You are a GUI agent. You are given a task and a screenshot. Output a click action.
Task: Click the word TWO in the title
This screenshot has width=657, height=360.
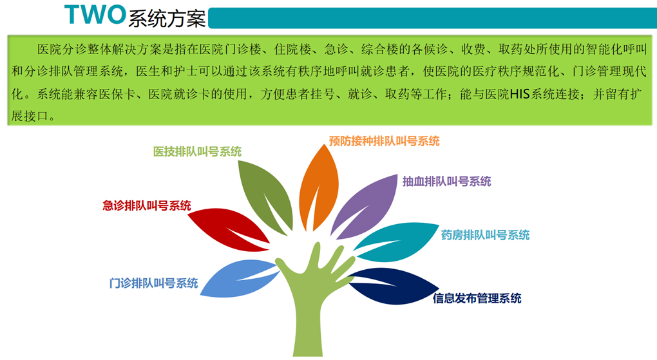(x=95, y=15)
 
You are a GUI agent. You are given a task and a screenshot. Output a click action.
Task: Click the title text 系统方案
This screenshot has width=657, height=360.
(x=167, y=19)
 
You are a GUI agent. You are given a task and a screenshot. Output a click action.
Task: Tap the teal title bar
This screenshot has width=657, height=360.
(x=432, y=18)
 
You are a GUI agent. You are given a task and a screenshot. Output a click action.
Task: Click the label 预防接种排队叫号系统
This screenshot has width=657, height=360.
(x=384, y=141)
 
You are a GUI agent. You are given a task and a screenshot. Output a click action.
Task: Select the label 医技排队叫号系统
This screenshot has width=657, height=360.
(x=197, y=151)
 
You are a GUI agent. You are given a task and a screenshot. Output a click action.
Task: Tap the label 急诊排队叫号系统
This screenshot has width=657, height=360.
(x=147, y=205)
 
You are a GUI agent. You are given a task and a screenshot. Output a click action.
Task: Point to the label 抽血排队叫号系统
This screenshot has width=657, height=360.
(x=446, y=181)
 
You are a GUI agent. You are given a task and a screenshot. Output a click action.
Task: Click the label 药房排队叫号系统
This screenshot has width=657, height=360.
(x=485, y=234)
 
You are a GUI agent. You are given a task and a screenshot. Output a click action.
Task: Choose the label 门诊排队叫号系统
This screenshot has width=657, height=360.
(x=153, y=283)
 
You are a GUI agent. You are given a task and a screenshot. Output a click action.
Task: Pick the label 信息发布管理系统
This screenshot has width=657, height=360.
(x=477, y=298)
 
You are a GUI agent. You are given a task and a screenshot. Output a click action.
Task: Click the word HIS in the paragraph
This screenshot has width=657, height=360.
(x=520, y=93)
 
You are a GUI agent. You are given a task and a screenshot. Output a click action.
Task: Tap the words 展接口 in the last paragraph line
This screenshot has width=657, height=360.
(x=30, y=116)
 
